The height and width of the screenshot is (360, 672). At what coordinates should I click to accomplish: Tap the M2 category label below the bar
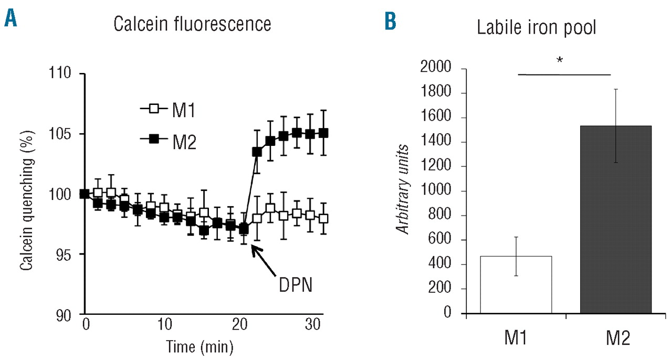click(x=616, y=338)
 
